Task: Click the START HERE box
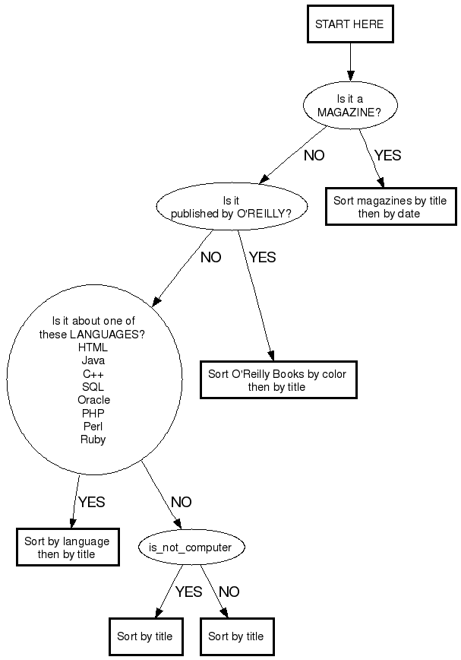pyautogui.click(x=349, y=24)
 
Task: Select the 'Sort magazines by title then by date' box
pyautogui.click(x=390, y=208)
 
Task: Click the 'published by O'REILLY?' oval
pyautogui.click(x=232, y=207)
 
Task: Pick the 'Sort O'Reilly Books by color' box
pyautogui.click(x=277, y=380)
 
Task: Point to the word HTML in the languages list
pyautogui.click(x=93, y=347)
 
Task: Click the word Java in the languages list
pyautogui.click(x=93, y=360)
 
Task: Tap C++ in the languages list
pyautogui.click(x=93, y=374)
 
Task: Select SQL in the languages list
pyautogui.click(x=93, y=387)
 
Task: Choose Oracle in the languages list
pyautogui.click(x=93, y=400)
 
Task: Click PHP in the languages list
pyautogui.click(x=93, y=413)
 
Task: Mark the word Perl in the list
pyautogui.click(x=93, y=427)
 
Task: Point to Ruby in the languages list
pyautogui.click(x=93, y=439)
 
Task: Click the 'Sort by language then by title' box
pyautogui.click(x=67, y=547)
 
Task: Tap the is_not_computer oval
pyautogui.click(x=185, y=547)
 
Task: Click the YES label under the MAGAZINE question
pyautogui.click(x=387, y=155)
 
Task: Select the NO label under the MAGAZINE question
pyautogui.click(x=314, y=155)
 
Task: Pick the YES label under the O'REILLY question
pyautogui.click(x=262, y=257)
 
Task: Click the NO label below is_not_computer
pyautogui.click(x=229, y=592)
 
